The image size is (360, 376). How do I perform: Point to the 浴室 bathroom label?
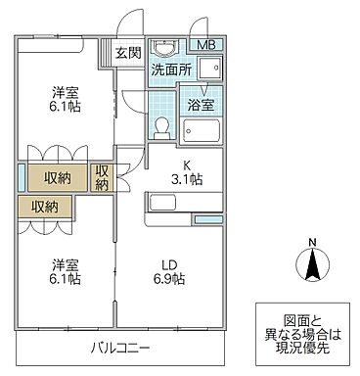[200, 103]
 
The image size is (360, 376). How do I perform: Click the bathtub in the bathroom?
[201, 131]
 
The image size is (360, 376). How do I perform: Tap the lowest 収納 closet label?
[44, 207]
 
